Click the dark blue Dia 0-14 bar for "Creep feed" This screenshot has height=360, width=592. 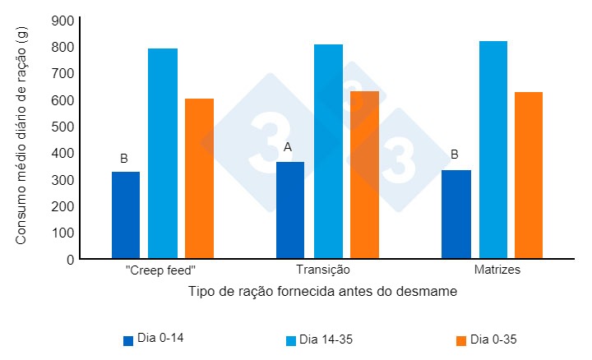(126, 215)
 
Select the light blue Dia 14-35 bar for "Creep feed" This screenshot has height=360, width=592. (163, 154)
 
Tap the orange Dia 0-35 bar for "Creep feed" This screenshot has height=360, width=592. (199, 178)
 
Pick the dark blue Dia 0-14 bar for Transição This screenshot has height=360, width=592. (290, 210)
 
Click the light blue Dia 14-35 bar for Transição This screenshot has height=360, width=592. (328, 151)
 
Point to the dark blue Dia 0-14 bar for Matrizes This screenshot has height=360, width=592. (456, 215)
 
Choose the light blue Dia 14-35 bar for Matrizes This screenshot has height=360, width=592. (493, 150)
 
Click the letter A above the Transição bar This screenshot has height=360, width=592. (288, 147)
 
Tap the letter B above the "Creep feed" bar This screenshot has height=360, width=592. (124, 158)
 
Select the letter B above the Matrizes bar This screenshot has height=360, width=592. (454, 154)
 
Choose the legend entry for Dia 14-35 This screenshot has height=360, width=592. (322, 339)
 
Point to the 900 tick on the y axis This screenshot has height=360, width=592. (62, 21)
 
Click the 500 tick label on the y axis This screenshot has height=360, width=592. (62, 127)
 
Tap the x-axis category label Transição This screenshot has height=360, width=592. (322, 270)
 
